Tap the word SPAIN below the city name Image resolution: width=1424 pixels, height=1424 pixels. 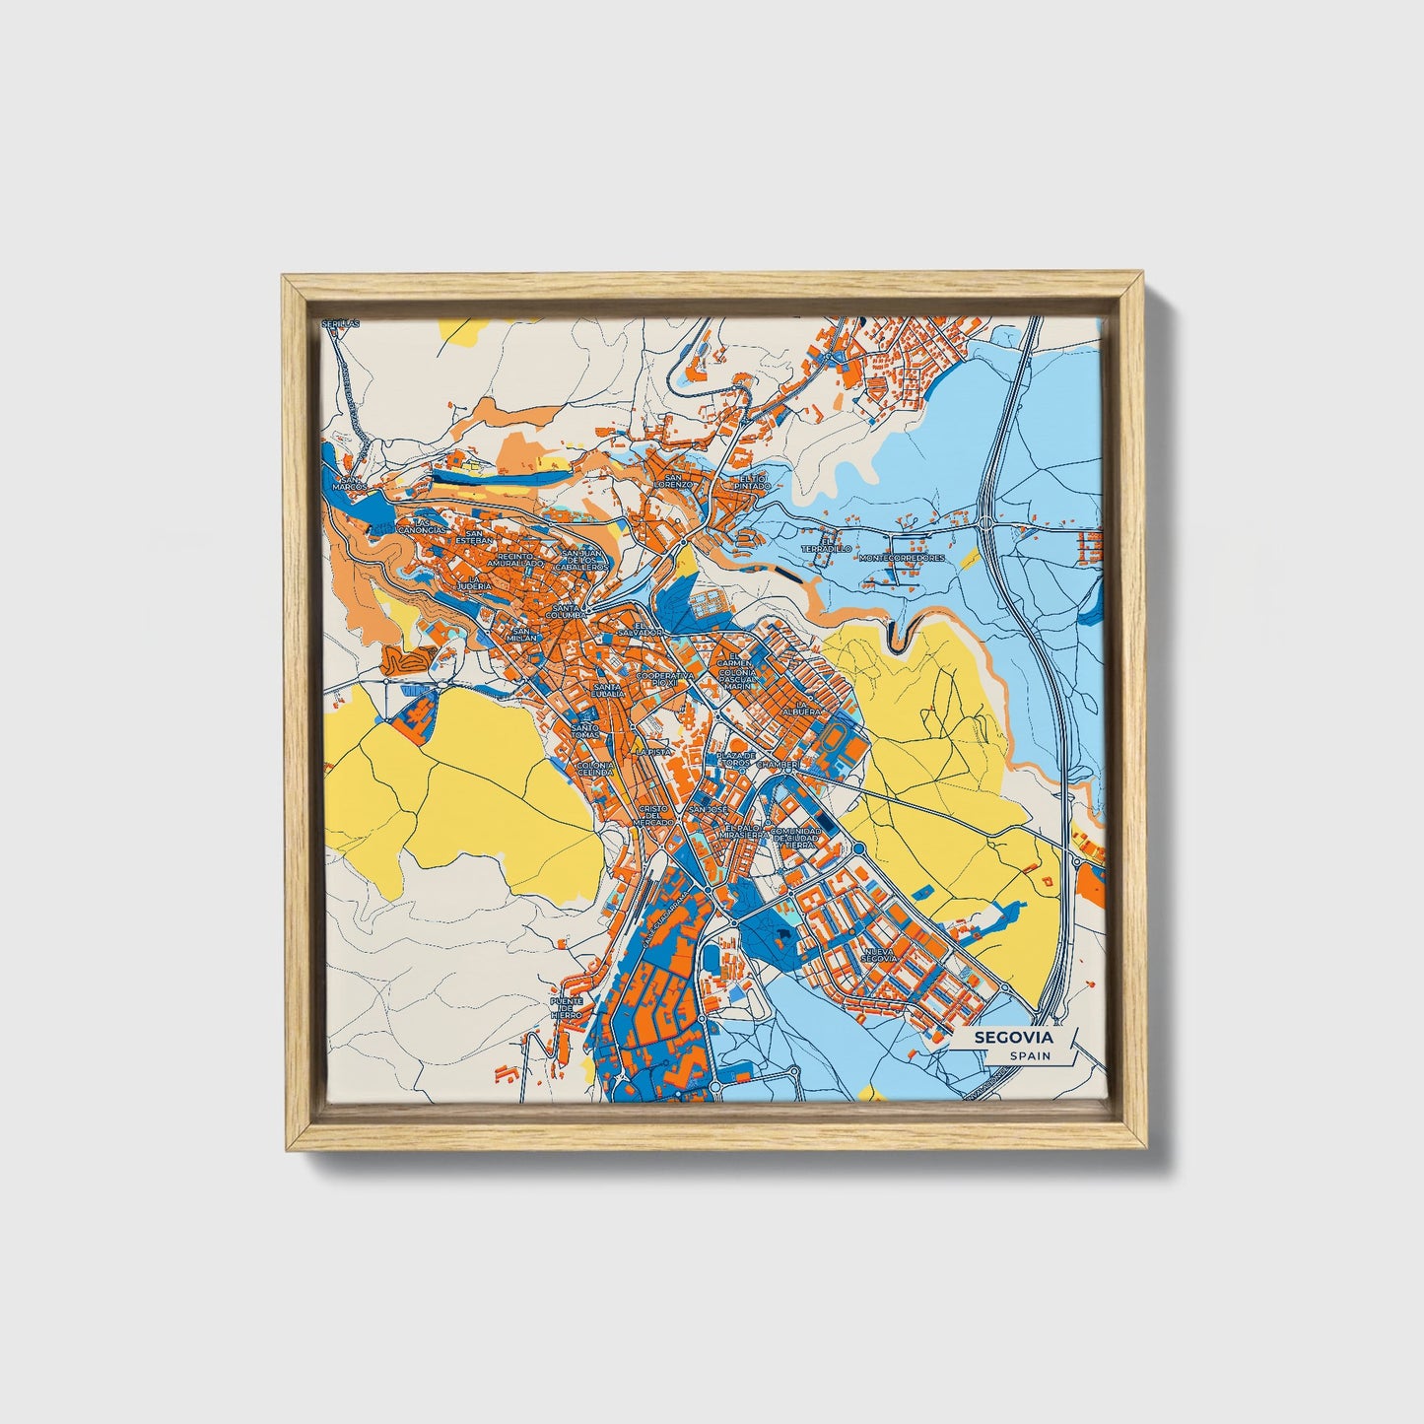pyautogui.click(x=1029, y=1055)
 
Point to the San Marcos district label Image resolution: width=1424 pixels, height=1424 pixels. pyautogui.click(x=349, y=482)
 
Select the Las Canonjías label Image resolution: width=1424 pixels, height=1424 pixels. pyautogui.click(x=422, y=526)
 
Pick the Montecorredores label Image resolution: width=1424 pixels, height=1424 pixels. pyautogui.click(x=902, y=558)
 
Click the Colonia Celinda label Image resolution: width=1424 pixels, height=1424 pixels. pyautogui.click(x=595, y=769)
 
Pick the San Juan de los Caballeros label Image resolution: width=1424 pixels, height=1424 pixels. pyautogui.click(x=579, y=560)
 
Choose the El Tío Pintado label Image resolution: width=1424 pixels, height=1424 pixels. pyautogui.click(x=751, y=482)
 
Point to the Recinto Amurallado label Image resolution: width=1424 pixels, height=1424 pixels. pyautogui.click(x=515, y=560)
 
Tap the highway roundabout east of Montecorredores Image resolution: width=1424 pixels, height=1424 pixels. pyautogui.click(x=984, y=522)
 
